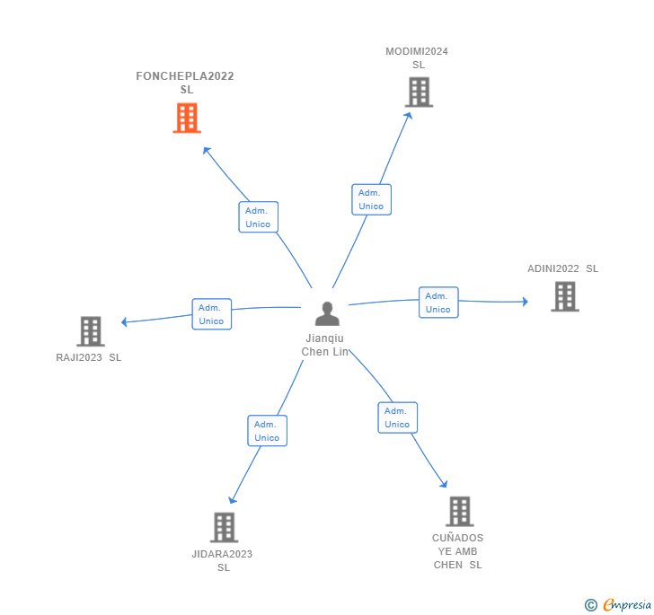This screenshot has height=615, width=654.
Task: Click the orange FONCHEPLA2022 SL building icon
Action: pos(187,118)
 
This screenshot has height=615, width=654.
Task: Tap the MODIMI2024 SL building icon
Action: pos(419,92)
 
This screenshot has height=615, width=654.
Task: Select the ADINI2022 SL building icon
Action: pos(564,296)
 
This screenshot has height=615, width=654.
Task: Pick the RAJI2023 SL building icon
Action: pos(91,331)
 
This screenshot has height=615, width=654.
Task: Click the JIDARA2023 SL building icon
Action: pos(224,527)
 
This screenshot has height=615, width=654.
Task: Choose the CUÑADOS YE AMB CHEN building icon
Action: pos(459,511)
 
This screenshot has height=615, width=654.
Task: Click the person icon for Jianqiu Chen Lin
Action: pos(327,313)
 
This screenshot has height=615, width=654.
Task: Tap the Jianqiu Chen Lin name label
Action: pos(325,345)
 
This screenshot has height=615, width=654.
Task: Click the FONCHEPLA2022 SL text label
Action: pos(185,83)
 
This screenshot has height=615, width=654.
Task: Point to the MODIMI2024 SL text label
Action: pos(417,57)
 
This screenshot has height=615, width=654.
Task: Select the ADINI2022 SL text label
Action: pos(562,268)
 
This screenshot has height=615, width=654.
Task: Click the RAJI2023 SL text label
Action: pos(88,357)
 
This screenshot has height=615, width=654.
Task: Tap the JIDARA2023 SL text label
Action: pos(222,560)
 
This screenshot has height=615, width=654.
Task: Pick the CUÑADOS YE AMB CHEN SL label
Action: pos(458,551)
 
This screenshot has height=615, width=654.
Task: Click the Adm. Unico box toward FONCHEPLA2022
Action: pos(258,217)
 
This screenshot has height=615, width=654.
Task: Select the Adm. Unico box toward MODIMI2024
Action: pos(371,199)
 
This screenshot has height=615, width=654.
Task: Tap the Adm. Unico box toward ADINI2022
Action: pos(438,303)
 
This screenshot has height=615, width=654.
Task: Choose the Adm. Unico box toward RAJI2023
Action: pos(211,314)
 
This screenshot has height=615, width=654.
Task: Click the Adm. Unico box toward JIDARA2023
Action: pos(267,431)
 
